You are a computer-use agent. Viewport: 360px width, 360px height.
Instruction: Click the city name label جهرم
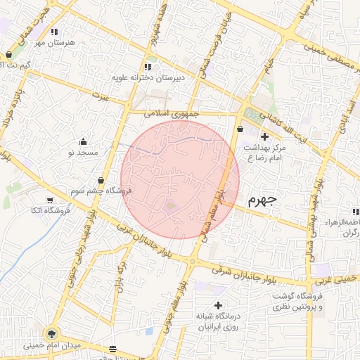263,200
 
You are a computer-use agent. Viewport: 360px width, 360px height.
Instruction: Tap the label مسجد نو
86,152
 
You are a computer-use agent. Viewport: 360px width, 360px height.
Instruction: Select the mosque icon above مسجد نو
84,141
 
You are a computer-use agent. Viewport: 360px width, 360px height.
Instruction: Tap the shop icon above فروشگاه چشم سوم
102,180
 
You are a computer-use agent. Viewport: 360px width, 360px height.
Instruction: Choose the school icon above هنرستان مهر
54,31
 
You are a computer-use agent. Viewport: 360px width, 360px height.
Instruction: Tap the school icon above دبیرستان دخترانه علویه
147,67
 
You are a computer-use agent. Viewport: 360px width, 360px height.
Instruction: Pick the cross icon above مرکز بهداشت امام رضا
264,136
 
